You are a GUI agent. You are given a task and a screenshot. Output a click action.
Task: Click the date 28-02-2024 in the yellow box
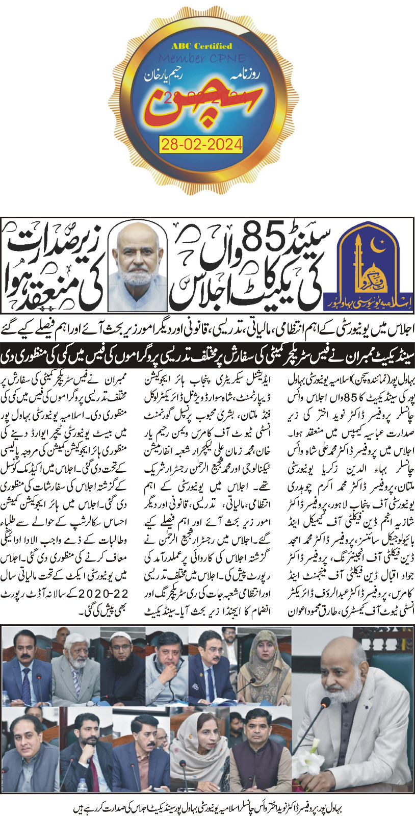pos(201,144)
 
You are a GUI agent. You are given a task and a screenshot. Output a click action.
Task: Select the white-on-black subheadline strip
pos(207,353)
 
